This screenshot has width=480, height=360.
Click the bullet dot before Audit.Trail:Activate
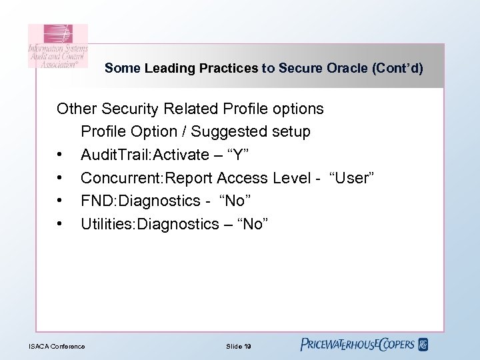[61, 155]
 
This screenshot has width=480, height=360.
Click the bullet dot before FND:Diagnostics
[61, 201]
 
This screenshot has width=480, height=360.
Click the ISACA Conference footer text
[57, 346]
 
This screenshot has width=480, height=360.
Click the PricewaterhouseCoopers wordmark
[357, 345]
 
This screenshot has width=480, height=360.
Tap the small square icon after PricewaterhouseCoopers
[423, 345]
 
